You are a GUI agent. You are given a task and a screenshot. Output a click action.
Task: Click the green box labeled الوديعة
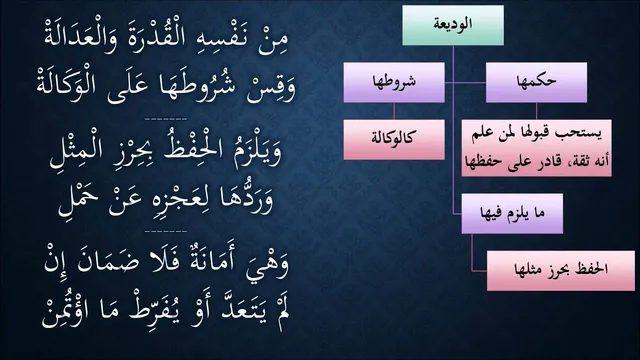pos(453,25)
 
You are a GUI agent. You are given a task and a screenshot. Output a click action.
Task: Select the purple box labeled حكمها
pos(536,82)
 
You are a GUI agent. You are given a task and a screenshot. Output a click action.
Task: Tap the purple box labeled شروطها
pos(394,82)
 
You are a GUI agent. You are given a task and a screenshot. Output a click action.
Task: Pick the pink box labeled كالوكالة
pos(394,140)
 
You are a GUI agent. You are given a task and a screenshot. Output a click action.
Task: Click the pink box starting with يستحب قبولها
pos(536,148)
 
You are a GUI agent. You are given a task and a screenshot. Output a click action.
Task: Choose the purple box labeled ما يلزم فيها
pos(512,213)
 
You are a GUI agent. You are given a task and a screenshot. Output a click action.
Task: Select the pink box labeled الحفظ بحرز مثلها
pos(561,271)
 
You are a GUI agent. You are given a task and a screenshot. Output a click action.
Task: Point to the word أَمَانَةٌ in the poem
pos(211,261)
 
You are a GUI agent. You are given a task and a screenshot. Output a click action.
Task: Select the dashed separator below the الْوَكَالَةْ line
pos(166,119)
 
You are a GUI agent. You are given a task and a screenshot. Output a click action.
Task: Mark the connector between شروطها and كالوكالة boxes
pos(394,111)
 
